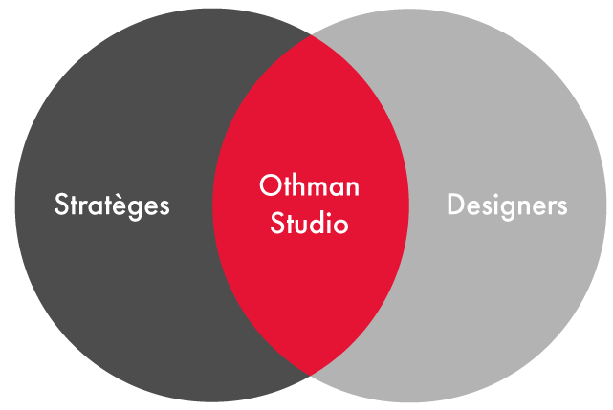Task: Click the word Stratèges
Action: (x=112, y=205)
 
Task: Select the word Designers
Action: (x=507, y=205)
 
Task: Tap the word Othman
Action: (x=309, y=185)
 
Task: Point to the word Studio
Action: (x=309, y=226)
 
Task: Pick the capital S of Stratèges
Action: (x=60, y=205)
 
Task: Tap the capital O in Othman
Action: (x=269, y=185)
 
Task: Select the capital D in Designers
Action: (x=454, y=205)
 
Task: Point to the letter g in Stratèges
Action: (x=143, y=209)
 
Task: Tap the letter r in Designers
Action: (x=550, y=207)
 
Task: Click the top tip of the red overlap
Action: (x=310, y=36)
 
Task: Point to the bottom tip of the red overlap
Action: (x=310, y=374)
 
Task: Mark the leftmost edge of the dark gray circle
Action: (x=16, y=205)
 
